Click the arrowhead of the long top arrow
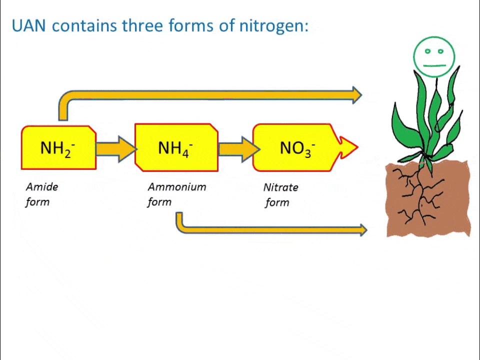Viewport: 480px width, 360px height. coord(356,94)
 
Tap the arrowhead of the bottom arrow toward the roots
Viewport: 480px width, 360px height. coord(362,230)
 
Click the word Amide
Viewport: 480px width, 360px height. coord(42,187)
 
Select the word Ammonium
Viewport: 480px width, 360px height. coord(177,187)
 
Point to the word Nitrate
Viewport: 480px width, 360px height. coord(280,187)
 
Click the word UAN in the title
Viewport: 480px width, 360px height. coord(29,26)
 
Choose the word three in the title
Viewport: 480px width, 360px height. coord(143,26)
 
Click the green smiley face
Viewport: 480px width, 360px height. coord(434,56)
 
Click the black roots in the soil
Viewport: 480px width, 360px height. coord(420,195)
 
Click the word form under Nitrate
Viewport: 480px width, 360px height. coord(277,202)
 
